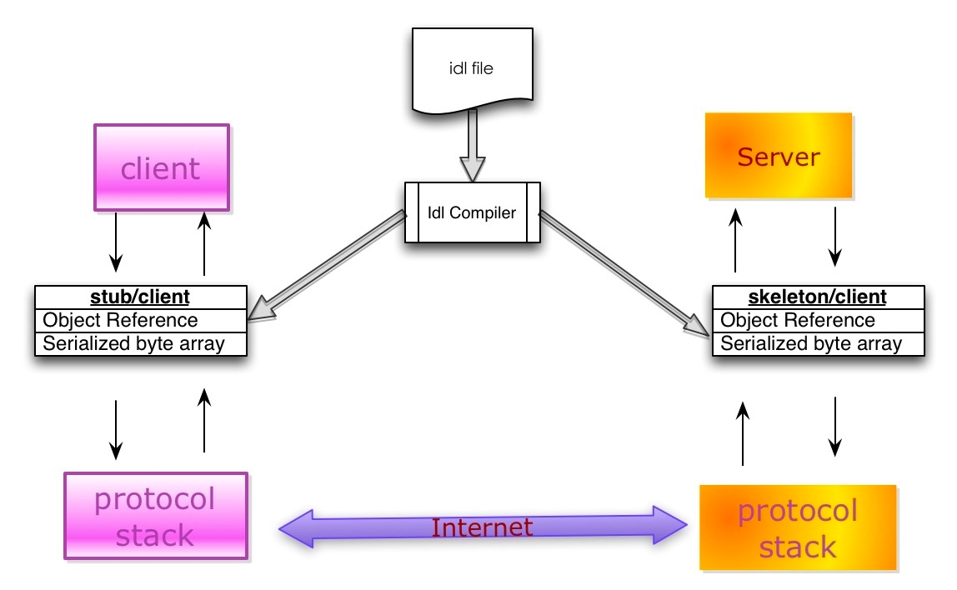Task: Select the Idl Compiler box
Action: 472,212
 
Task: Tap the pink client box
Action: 161,168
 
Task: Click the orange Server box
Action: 779,156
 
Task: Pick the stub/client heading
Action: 140,297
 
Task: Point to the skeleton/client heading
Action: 818,297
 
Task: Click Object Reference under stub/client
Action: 121,320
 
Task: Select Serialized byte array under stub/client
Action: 134,342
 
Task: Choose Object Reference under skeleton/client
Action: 798,320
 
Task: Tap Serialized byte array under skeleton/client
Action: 811,342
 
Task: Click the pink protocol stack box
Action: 156,516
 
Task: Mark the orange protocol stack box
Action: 798,528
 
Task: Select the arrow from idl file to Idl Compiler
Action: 473,146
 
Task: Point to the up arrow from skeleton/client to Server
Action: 735,242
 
